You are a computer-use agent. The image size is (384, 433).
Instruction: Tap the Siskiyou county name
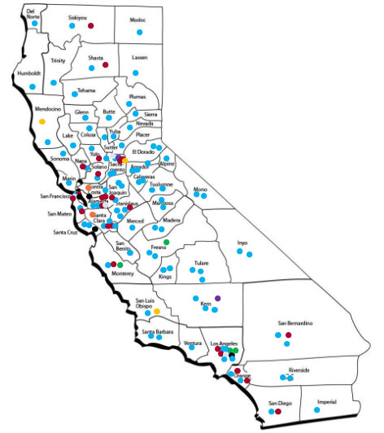(78, 17)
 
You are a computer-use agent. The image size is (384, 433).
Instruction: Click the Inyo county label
(242, 242)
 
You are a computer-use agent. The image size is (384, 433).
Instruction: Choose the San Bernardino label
(295, 324)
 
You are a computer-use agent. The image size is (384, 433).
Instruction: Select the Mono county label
(200, 190)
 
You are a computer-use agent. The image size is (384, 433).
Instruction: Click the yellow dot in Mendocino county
(41, 121)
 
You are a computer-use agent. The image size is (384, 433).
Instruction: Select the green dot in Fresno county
(166, 242)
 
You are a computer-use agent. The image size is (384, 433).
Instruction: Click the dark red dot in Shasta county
(105, 63)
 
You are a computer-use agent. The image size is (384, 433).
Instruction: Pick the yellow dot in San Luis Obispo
(156, 311)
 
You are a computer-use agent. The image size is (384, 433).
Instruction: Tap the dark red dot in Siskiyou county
(91, 28)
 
